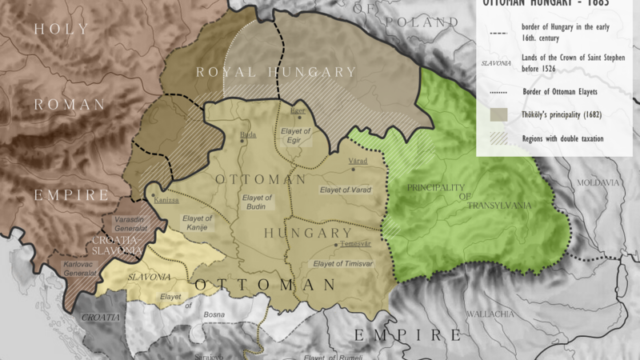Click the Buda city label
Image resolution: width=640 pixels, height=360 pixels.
(x=250, y=134)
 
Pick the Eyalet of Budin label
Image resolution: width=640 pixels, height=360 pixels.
(x=258, y=202)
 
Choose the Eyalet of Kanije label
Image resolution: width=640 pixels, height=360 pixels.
(x=198, y=223)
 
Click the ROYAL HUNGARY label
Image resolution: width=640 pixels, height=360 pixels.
(x=275, y=72)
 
